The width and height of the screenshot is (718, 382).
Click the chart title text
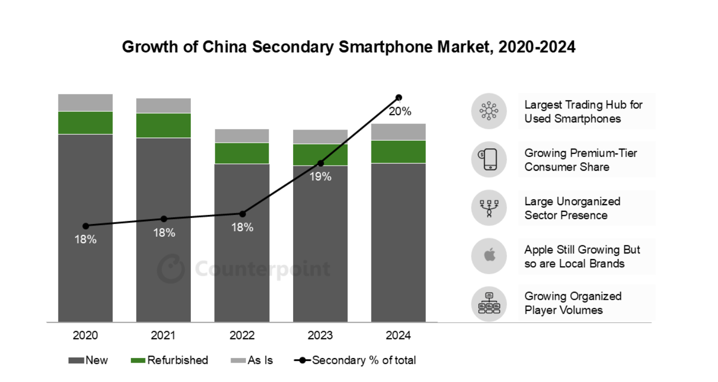(x=349, y=47)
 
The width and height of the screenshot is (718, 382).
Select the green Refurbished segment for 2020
(x=85, y=122)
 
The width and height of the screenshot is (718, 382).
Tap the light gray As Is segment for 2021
(x=163, y=106)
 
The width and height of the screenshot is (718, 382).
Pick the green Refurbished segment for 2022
(x=242, y=153)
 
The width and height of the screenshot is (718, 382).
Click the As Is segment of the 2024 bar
(x=398, y=132)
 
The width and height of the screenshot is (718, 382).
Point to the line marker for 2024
(x=399, y=98)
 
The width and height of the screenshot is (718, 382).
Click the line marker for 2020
(x=85, y=226)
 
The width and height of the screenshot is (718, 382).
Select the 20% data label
(x=400, y=112)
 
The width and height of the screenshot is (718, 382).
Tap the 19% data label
(x=321, y=177)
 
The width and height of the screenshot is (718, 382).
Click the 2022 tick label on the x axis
(x=242, y=336)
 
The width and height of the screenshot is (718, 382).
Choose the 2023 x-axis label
(x=321, y=336)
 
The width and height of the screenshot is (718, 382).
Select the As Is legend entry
(x=252, y=361)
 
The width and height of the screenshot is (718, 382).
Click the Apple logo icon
(x=489, y=256)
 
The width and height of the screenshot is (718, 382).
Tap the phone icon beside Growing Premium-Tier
(x=489, y=160)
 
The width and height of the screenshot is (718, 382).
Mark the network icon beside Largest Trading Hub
(x=489, y=111)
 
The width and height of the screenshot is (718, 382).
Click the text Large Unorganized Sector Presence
(x=572, y=208)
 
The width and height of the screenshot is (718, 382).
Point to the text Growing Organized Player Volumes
(x=573, y=303)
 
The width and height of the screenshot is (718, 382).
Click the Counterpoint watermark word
(x=263, y=269)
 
